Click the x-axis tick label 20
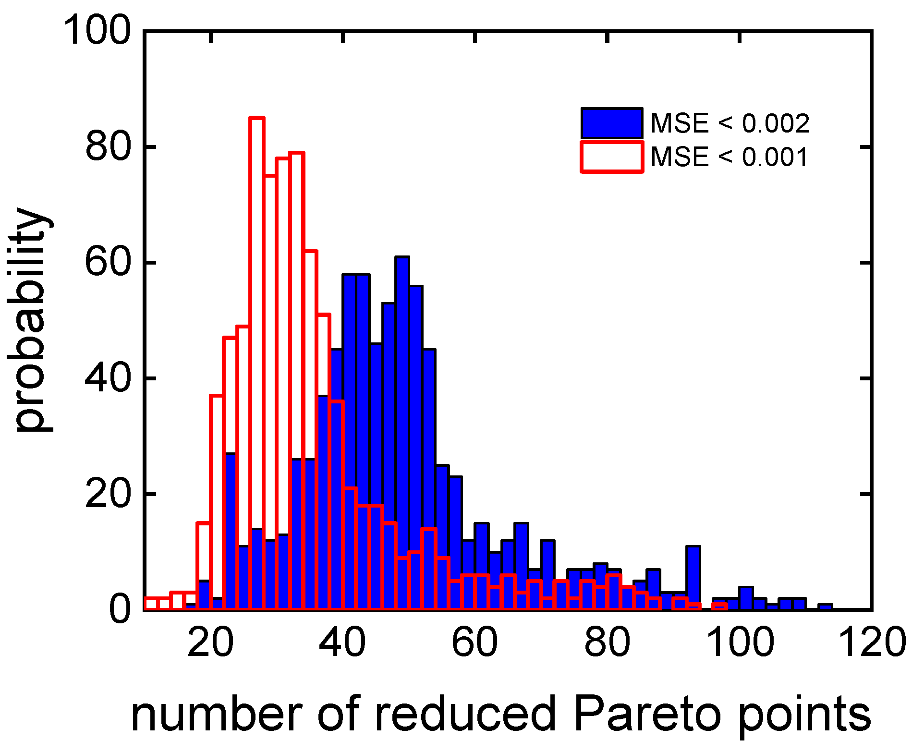point(210,642)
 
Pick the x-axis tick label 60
point(474,642)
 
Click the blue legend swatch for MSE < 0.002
point(611,123)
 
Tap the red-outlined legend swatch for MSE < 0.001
point(611,157)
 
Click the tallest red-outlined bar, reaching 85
point(257,288)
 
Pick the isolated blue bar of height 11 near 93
point(693,576)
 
